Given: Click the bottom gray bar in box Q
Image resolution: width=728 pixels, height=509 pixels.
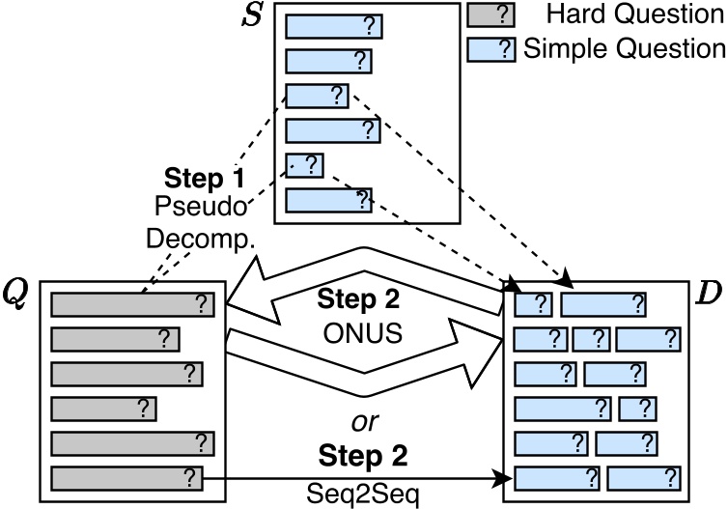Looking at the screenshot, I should click(126, 478).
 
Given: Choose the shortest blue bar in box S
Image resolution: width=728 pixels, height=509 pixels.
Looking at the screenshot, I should click(304, 165).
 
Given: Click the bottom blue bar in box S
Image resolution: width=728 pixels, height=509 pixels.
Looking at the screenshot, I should click(328, 200).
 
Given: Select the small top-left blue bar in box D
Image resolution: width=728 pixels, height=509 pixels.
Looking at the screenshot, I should click(533, 304).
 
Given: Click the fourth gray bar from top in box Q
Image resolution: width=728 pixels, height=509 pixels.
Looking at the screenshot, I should click(103, 409).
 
